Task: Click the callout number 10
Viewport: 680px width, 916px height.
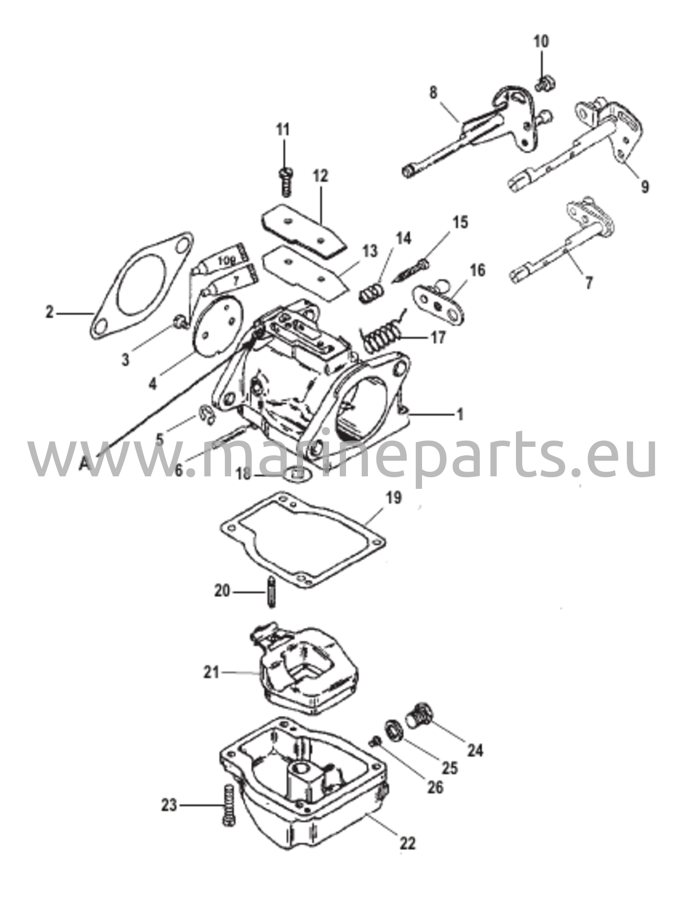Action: (x=541, y=42)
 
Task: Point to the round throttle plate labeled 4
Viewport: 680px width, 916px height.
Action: (x=217, y=326)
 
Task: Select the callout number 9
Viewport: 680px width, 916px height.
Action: (x=644, y=187)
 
